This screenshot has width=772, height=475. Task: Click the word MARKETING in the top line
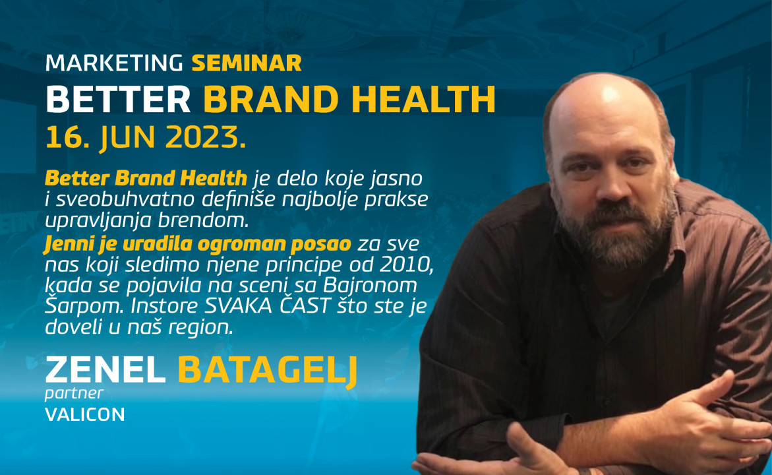[114, 63]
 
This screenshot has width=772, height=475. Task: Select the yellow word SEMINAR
[247, 63]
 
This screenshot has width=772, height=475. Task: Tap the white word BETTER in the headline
[118, 100]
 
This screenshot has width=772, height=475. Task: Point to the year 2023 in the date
[206, 137]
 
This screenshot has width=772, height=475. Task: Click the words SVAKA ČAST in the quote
[266, 305]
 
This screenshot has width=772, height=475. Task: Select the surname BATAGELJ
[268, 371]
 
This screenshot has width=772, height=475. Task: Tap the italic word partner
[74, 394]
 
